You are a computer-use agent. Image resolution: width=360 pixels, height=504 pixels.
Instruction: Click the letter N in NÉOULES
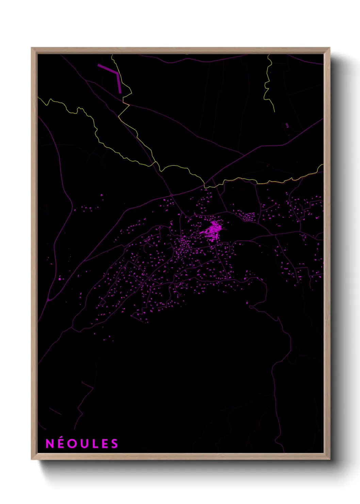[50, 443]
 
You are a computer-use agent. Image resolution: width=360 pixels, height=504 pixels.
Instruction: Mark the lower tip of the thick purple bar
[120, 92]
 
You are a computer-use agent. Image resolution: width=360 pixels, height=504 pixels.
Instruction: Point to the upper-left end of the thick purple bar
[99, 65]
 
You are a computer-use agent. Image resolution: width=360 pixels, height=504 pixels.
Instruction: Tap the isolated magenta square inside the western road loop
[60, 279]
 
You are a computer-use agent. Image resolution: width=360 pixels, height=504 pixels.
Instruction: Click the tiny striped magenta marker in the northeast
[287, 125]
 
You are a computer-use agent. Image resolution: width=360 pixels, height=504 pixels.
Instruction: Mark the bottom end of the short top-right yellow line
[274, 112]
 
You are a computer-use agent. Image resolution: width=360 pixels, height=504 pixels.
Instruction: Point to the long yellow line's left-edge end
[38, 98]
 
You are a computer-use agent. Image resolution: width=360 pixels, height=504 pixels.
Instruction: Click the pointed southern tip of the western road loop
[48, 300]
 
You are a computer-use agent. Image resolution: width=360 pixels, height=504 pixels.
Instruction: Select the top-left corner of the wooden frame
[32, 48]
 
